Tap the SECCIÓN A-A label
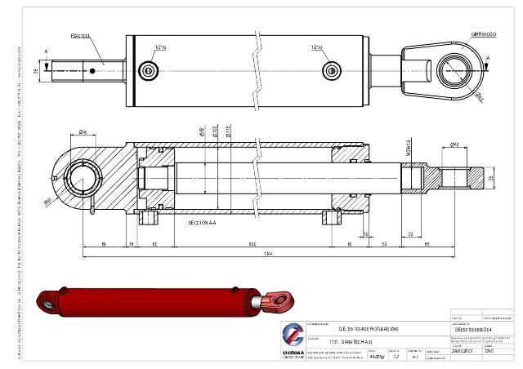[201, 222]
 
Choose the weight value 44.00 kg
[376, 357]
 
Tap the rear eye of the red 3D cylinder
[51, 301]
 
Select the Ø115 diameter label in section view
[226, 133]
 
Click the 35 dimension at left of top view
[36, 72]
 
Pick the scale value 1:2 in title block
[396, 357]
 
